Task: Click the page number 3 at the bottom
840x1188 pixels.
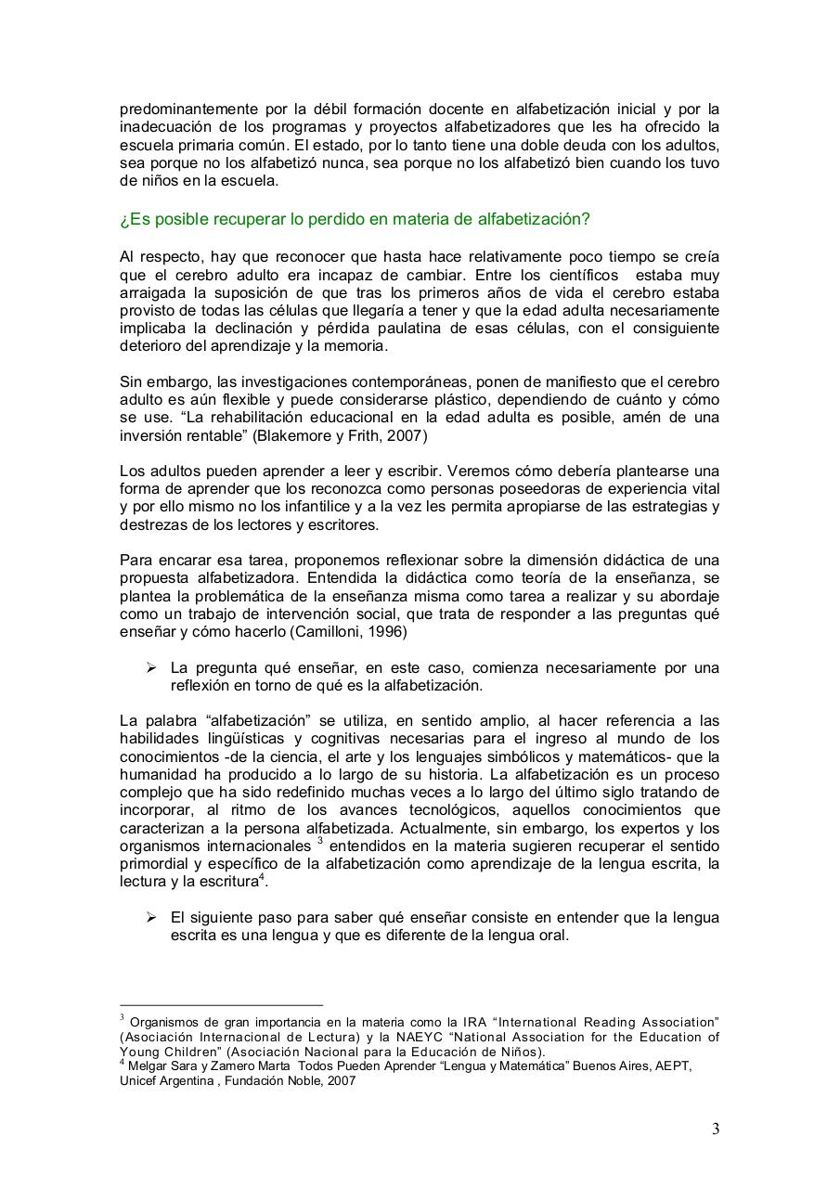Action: [715, 1130]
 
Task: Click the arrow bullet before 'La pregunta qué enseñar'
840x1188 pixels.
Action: [151, 668]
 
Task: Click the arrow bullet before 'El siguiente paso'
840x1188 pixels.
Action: [151, 917]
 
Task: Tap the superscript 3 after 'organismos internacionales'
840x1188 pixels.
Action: [319, 841]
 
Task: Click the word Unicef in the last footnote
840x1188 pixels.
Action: [140, 1081]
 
